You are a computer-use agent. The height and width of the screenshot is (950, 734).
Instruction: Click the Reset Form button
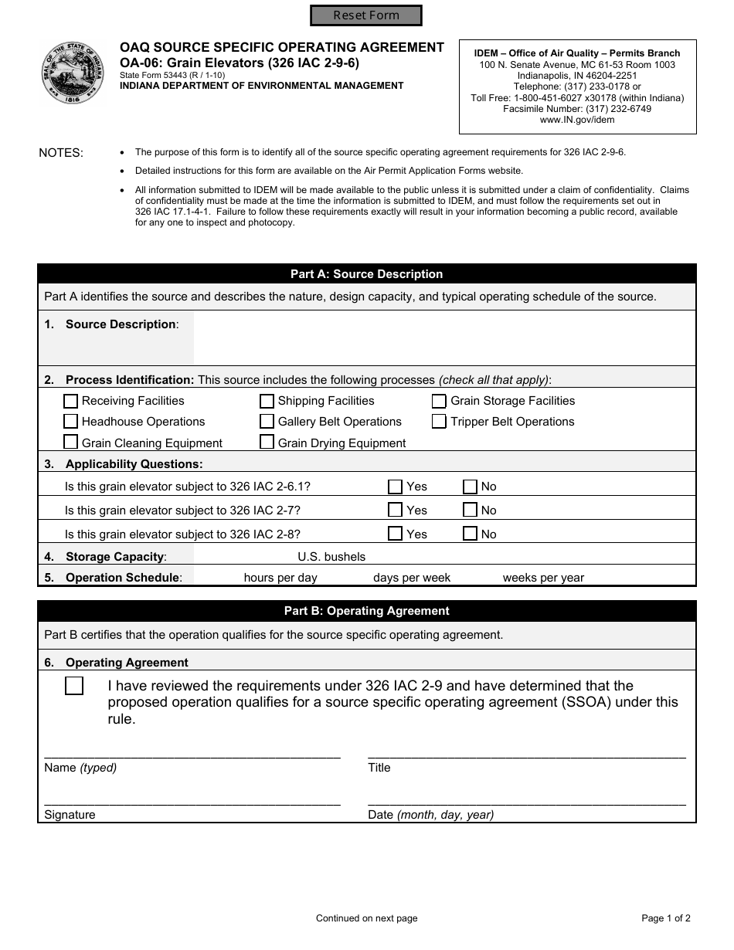366,15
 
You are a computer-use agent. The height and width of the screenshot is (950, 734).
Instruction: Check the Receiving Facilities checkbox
70,401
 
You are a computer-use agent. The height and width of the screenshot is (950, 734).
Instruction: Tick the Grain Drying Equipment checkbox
267,443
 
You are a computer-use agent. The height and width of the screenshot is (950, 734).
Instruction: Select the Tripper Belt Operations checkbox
439,422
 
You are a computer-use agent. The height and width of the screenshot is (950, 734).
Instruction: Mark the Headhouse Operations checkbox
70,422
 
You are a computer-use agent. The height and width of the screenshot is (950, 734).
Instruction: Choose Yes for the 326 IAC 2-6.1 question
395,487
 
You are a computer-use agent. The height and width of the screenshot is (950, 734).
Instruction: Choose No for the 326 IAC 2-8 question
470,534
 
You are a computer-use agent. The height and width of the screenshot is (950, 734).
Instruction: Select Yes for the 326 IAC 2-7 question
395,510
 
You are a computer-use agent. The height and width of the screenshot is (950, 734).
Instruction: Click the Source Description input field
443,338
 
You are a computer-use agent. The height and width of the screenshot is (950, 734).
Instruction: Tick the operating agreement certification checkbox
74,686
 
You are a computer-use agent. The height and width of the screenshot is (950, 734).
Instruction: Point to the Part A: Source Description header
366,274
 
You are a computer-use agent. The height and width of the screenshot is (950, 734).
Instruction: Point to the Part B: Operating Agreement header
366,611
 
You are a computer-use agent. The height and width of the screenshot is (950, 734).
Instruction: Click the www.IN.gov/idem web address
577,120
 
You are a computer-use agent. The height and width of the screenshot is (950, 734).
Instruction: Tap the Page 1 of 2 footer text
665,918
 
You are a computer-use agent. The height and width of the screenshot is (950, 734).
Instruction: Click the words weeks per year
543,578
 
